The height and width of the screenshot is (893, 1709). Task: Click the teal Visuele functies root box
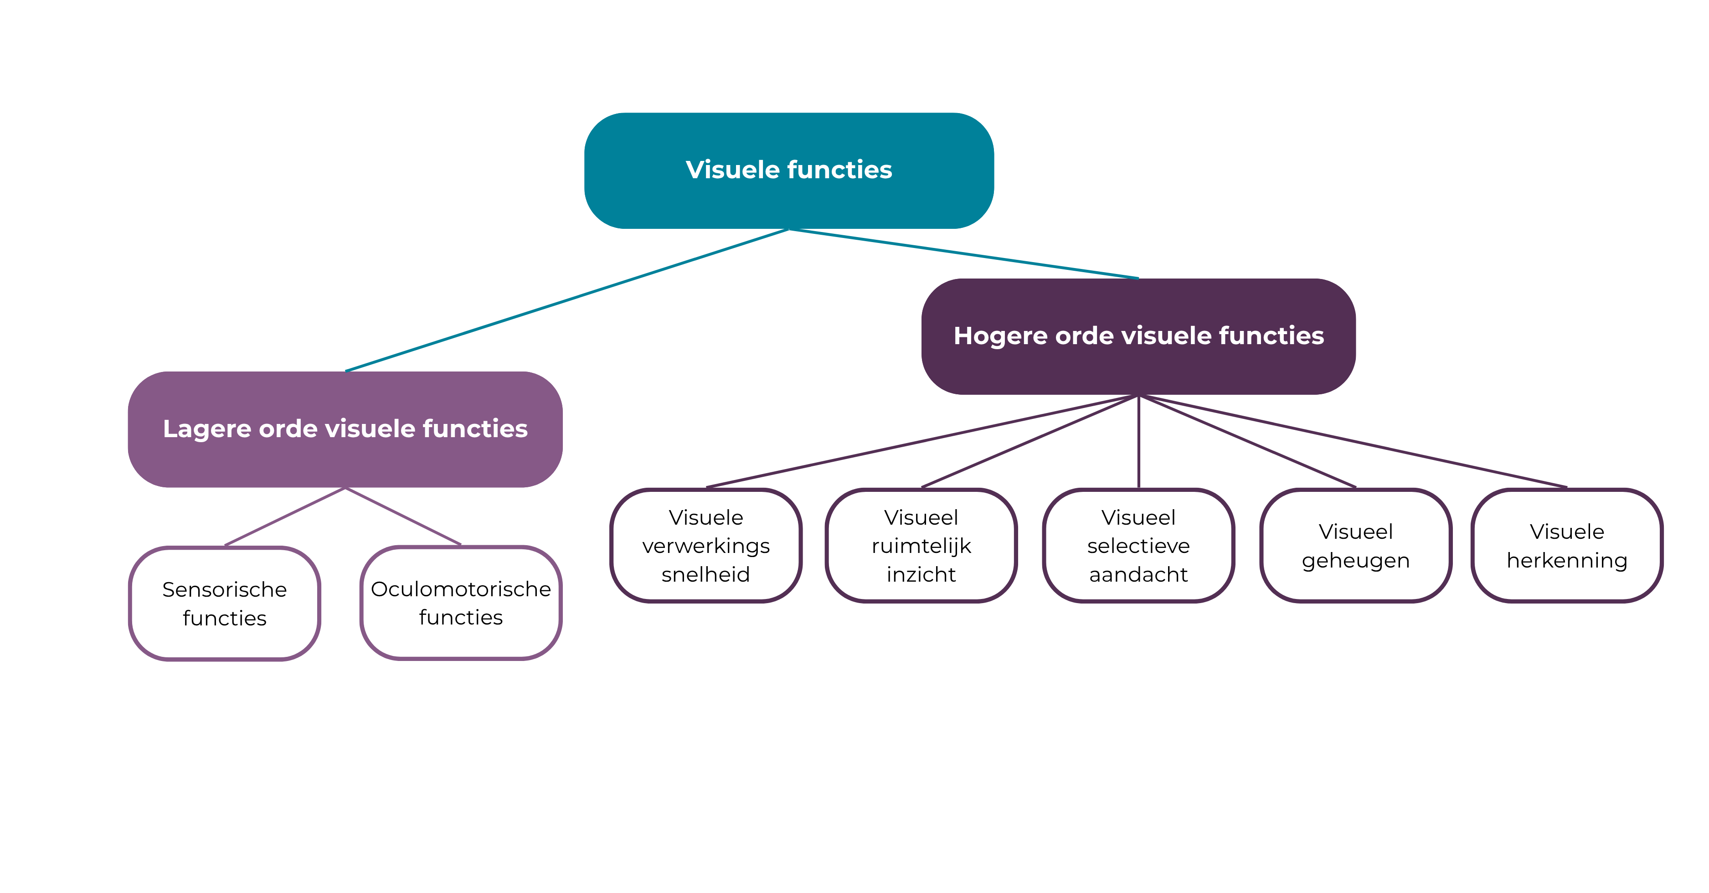pos(789,170)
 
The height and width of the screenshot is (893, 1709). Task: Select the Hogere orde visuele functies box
pos(1138,336)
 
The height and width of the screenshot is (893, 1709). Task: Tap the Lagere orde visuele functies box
pos(345,429)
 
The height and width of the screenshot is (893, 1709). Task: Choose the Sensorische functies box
pos(224,604)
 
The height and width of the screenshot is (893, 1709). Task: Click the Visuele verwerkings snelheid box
pos(706,545)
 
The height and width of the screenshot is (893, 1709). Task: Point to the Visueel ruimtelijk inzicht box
pos(921,545)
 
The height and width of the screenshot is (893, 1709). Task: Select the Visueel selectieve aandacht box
pos(1138,545)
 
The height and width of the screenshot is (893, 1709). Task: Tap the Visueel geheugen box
pos(1355,545)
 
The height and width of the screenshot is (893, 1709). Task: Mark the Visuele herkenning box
pos(1566,545)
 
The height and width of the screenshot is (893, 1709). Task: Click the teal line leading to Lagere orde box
pos(567,300)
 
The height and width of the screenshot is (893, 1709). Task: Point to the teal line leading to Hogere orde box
pos(963,254)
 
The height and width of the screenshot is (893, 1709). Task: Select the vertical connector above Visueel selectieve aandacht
pos(1138,442)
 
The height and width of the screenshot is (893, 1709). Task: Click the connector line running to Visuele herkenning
pos(1354,442)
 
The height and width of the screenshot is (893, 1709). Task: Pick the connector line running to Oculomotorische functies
pos(403,516)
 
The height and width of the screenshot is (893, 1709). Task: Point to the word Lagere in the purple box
pos(207,429)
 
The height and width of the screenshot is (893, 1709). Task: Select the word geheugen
pos(1355,561)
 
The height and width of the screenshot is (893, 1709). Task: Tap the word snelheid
pos(706,574)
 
